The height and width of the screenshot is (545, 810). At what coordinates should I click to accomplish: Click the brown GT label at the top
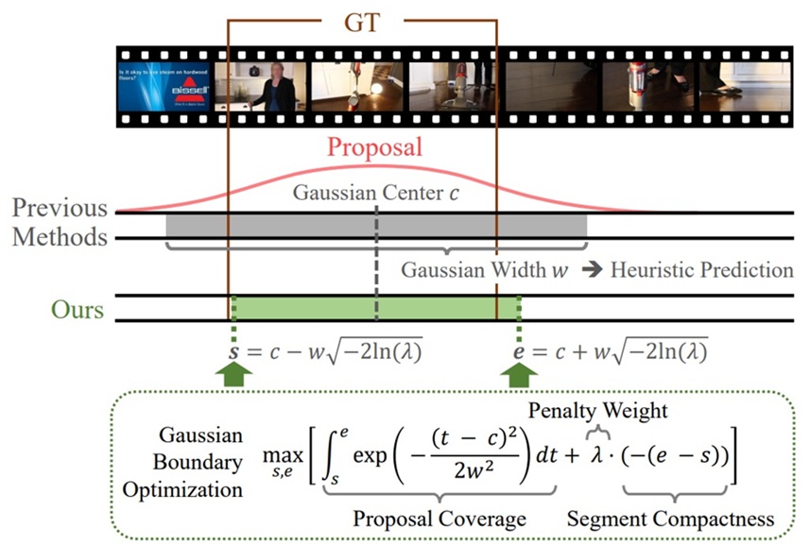[x=361, y=23]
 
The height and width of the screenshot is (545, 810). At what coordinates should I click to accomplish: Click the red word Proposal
[x=374, y=148]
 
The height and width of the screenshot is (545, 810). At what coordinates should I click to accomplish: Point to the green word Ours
[x=78, y=309]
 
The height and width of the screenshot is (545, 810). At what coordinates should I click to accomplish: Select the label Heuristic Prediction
[x=701, y=269]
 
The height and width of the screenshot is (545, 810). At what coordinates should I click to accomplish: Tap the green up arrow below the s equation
[x=232, y=378]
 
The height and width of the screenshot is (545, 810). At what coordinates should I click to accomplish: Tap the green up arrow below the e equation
[x=519, y=378]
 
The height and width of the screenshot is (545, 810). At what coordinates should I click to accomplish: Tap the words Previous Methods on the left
[x=60, y=222]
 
